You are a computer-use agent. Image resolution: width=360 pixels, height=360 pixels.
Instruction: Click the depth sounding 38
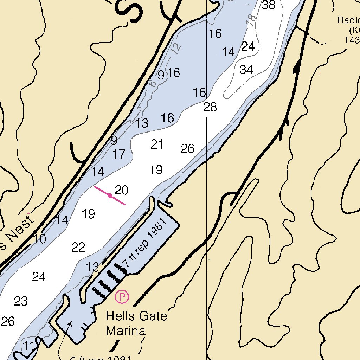(x=269, y=5)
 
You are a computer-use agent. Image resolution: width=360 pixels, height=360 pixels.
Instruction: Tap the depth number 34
(x=246, y=70)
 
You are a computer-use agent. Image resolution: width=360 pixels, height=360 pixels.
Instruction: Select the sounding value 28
(x=210, y=107)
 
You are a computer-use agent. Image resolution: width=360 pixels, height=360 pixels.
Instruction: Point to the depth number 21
(x=157, y=144)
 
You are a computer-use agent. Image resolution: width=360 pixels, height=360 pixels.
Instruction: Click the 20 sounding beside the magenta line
(x=122, y=190)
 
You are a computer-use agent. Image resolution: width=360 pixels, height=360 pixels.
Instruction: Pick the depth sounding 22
(x=78, y=247)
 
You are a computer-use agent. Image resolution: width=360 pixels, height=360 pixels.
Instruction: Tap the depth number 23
(x=21, y=301)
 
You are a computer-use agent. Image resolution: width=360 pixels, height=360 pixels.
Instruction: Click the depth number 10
(x=40, y=239)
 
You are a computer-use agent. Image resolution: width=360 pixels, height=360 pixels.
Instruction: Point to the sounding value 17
(x=119, y=154)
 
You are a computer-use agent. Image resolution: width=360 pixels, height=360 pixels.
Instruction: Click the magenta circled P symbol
(x=122, y=297)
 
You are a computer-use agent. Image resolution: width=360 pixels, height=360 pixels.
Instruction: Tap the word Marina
(x=126, y=331)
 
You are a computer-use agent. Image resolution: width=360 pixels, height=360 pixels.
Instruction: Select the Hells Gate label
(x=136, y=316)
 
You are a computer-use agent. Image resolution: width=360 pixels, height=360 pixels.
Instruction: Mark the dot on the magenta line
(x=110, y=195)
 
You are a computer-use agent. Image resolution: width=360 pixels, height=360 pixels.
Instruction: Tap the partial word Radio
(x=348, y=20)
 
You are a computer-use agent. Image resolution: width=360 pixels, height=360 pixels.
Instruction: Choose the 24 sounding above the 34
(x=248, y=46)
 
